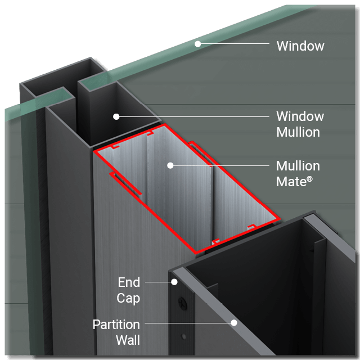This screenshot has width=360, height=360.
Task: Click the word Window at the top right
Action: (300, 46)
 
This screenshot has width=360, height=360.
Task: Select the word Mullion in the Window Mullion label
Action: (298, 132)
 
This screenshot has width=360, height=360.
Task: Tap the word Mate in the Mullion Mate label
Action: (291, 182)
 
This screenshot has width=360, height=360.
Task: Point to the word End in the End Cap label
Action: (129, 282)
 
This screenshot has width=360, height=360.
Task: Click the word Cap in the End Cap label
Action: (128, 298)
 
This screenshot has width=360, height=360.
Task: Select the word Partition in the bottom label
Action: (116, 325)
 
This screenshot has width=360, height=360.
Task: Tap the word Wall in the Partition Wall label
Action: (128, 340)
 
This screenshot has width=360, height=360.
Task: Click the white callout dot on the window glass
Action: (197, 43)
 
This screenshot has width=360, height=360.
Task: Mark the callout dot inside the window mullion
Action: (116, 116)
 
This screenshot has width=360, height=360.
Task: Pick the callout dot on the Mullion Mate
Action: (170, 165)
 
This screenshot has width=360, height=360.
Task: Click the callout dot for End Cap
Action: (174, 282)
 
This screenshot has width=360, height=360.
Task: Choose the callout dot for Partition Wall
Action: (233, 323)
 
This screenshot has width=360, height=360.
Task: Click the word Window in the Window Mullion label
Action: (300, 116)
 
